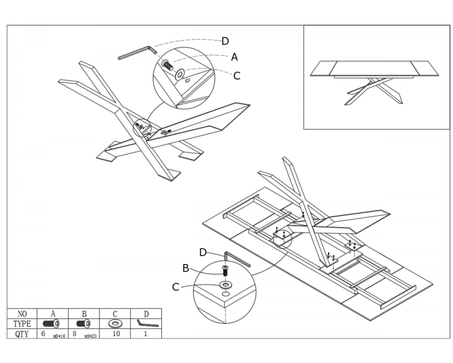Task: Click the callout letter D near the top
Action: (x=225, y=41)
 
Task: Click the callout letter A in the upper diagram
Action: (x=235, y=57)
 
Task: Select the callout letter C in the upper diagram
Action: (x=237, y=76)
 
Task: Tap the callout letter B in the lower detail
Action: (x=186, y=269)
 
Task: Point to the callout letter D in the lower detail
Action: (x=203, y=253)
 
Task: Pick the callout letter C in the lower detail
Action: (x=176, y=287)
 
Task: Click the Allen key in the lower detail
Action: (x=237, y=260)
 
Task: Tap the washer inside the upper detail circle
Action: (x=180, y=74)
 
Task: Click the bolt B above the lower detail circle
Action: (x=225, y=270)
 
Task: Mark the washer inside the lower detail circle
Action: (x=224, y=285)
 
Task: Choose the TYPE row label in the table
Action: (x=22, y=324)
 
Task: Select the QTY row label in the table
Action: (x=22, y=333)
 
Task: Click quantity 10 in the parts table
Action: (x=115, y=333)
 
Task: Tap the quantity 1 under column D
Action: (x=145, y=333)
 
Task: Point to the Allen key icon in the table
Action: (x=146, y=323)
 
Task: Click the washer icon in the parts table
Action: (x=115, y=323)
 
